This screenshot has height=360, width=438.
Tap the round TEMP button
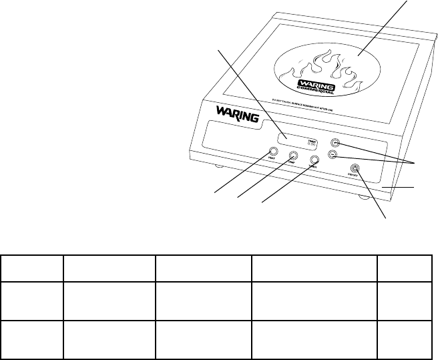[293, 156]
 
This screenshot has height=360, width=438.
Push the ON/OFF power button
[355, 170]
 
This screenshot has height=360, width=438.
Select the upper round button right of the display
[335, 142]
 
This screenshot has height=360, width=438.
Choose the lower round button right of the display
[333, 156]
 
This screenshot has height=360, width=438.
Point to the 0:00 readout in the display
[311, 143]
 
